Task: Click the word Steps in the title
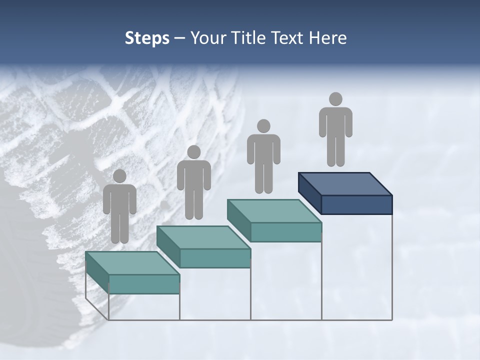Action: click(147, 38)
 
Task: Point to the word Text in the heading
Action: click(289, 38)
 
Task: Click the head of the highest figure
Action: click(335, 99)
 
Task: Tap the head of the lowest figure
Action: click(119, 176)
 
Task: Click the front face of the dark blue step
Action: click(356, 204)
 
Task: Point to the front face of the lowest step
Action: click(144, 284)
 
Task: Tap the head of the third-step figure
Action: click(263, 126)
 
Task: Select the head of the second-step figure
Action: click(193, 152)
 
